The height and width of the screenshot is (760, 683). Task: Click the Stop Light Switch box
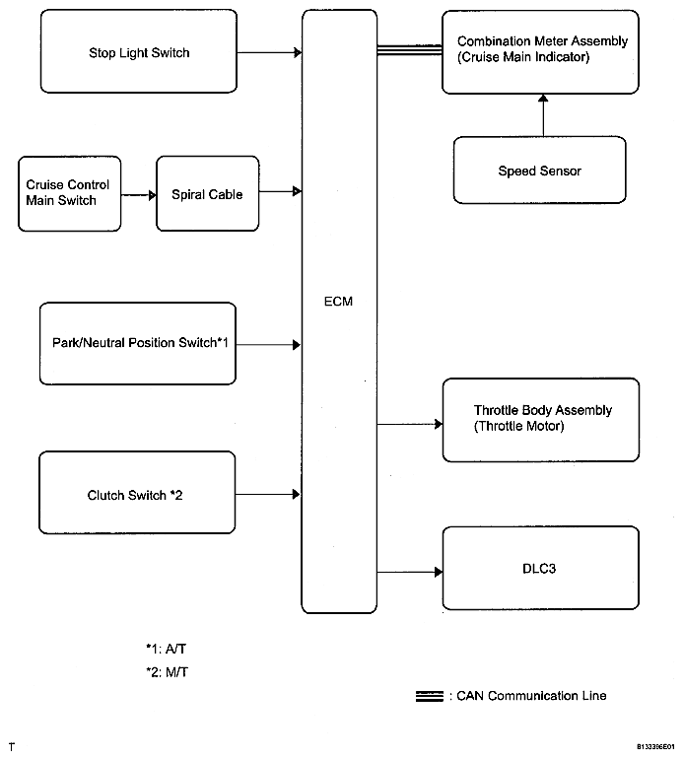pyautogui.click(x=139, y=51)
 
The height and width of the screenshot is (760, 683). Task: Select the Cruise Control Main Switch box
pyautogui.click(x=69, y=193)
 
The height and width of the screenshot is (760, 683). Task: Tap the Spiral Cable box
pyautogui.click(x=208, y=193)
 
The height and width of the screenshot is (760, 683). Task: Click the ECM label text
pyautogui.click(x=338, y=302)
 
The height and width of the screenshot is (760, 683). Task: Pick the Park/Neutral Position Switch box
pyautogui.click(x=138, y=344)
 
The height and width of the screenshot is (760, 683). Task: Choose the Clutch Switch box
pyautogui.click(x=137, y=493)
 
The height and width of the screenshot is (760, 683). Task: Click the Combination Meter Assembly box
pyautogui.click(x=540, y=52)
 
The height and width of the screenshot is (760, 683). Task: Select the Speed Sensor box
pyautogui.click(x=539, y=171)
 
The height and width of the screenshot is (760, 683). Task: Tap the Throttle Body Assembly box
pyautogui.click(x=541, y=420)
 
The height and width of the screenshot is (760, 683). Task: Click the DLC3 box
pyautogui.click(x=541, y=568)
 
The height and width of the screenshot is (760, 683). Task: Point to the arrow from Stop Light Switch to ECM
pyautogui.click(x=269, y=52)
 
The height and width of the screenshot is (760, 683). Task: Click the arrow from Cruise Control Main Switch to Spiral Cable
pyautogui.click(x=139, y=195)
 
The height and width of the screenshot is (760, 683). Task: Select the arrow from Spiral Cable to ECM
pyautogui.click(x=280, y=191)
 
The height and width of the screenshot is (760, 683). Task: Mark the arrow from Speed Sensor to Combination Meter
pyautogui.click(x=543, y=115)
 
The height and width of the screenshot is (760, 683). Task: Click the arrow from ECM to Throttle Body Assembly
pyautogui.click(x=410, y=424)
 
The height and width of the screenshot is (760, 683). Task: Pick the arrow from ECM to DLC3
pyautogui.click(x=410, y=572)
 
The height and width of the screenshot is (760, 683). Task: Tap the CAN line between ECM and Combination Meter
pyautogui.click(x=410, y=50)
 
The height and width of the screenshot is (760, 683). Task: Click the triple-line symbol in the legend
pyautogui.click(x=430, y=696)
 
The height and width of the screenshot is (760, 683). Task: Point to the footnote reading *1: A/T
pyautogui.click(x=167, y=649)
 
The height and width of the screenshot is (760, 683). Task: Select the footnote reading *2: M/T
pyautogui.click(x=167, y=672)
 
